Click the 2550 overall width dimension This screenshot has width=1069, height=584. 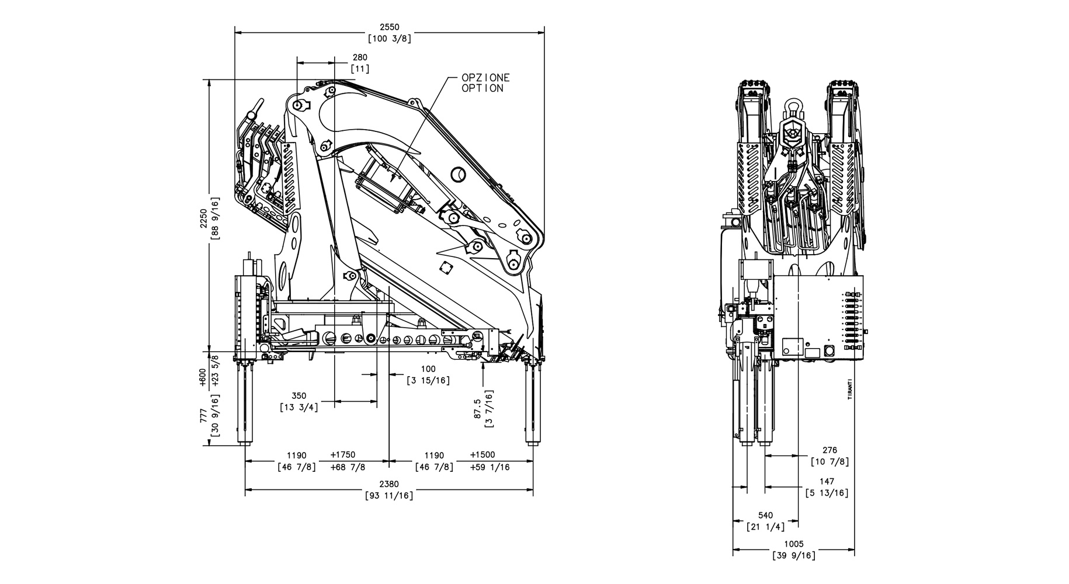click(x=389, y=27)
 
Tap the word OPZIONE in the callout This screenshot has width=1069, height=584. click(x=485, y=78)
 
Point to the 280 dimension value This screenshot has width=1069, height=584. click(x=360, y=57)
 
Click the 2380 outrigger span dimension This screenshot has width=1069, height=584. click(x=389, y=484)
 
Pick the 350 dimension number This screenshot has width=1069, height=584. click(x=299, y=396)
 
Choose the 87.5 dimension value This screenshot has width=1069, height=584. click(x=478, y=409)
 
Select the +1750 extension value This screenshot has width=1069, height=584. click(x=342, y=455)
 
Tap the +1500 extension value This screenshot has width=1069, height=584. click(x=483, y=455)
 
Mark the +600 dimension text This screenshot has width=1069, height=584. click(x=203, y=377)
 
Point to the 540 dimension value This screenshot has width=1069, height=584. click(x=765, y=515)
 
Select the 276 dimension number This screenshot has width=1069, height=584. click(x=829, y=450)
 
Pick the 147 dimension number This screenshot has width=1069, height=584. click(x=827, y=482)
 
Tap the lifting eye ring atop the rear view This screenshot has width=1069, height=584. click(x=793, y=107)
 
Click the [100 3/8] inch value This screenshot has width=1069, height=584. click(x=389, y=39)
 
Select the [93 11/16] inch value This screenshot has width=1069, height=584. click(x=389, y=496)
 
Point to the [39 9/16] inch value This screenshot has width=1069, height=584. click(x=793, y=555)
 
